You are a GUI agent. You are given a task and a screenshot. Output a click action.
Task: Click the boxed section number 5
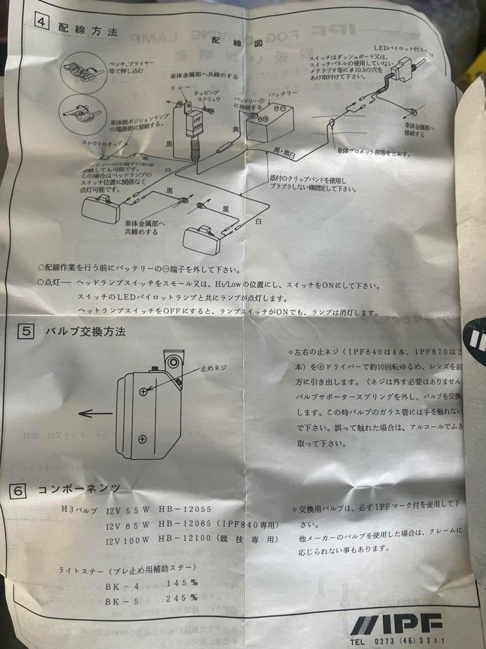click(25, 331)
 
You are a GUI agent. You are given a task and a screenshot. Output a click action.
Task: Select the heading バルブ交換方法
click(89, 331)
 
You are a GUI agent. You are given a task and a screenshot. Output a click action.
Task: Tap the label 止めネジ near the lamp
click(212, 367)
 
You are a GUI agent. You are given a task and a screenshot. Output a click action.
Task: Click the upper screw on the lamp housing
click(143, 391)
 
